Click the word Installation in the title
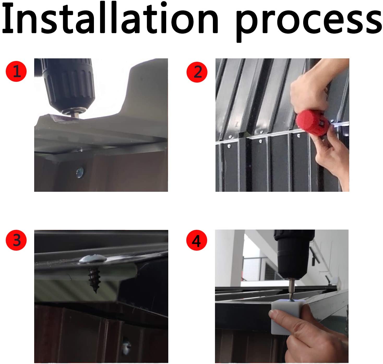(110, 18)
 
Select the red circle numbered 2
(197, 72)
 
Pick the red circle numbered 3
(16, 240)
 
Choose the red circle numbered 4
(196, 240)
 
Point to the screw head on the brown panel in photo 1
(80, 172)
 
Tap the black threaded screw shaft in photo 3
(94, 279)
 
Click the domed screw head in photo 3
(93, 259)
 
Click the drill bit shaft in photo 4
(291, 290)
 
